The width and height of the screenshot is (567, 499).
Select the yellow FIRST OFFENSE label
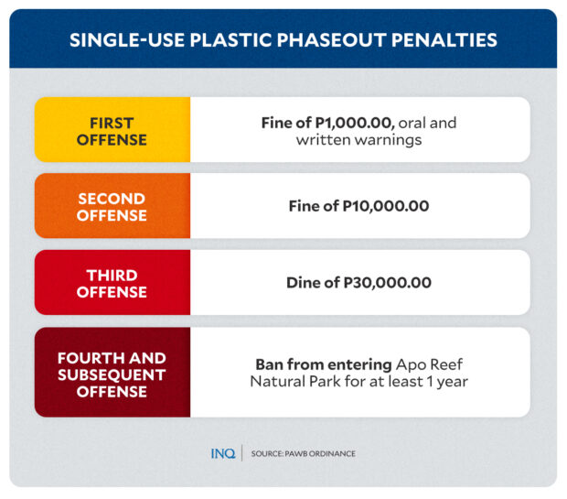[112, 131]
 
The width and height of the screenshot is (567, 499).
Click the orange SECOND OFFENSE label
[112, 207]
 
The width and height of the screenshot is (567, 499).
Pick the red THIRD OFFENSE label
[112, 284]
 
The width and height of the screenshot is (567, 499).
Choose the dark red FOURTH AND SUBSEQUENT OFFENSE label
[112, 374]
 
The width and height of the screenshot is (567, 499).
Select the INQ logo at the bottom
[222, 453]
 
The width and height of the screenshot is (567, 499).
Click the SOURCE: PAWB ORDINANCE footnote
[304, 453]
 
